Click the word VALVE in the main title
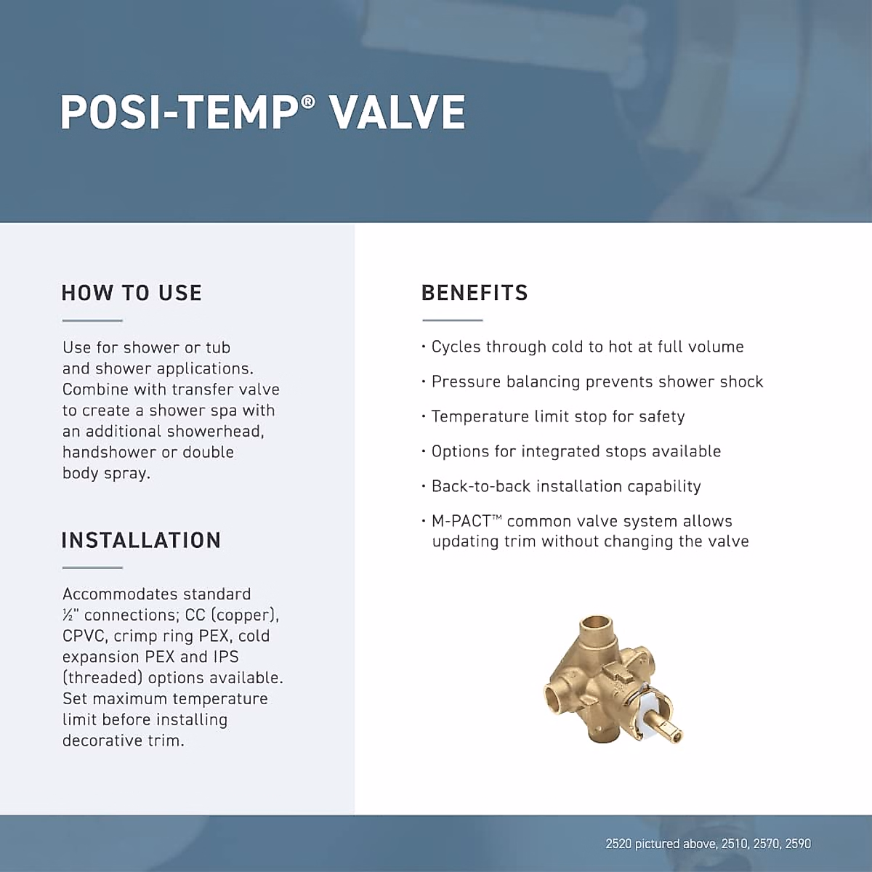399,112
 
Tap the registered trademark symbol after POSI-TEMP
307,101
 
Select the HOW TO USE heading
132,293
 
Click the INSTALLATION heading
141,541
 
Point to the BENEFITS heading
475,293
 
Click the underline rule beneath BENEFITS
453,320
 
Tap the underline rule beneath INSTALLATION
92,568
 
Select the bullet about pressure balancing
592,381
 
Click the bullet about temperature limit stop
553,416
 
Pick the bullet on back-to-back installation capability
561,486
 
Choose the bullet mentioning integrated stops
571,451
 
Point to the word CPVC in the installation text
84,637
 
